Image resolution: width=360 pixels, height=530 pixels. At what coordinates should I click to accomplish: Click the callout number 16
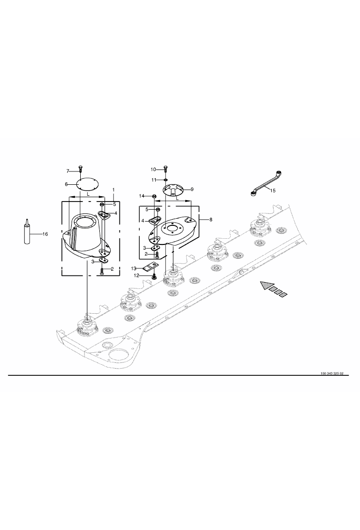click(45, 234)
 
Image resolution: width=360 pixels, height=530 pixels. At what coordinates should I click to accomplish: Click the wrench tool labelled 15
click(267, 184)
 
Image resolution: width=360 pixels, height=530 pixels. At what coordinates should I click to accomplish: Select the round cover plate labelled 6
click(87, 185)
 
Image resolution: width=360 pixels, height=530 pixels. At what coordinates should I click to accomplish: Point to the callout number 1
click(114, 191)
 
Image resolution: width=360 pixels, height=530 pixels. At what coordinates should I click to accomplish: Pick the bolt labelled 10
click(165, 170)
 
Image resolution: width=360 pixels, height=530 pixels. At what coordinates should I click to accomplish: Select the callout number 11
click(154, 180)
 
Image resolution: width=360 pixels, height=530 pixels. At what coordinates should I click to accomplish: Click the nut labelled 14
click(154, 196)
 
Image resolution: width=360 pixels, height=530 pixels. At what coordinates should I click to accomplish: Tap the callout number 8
click(211, 220)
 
